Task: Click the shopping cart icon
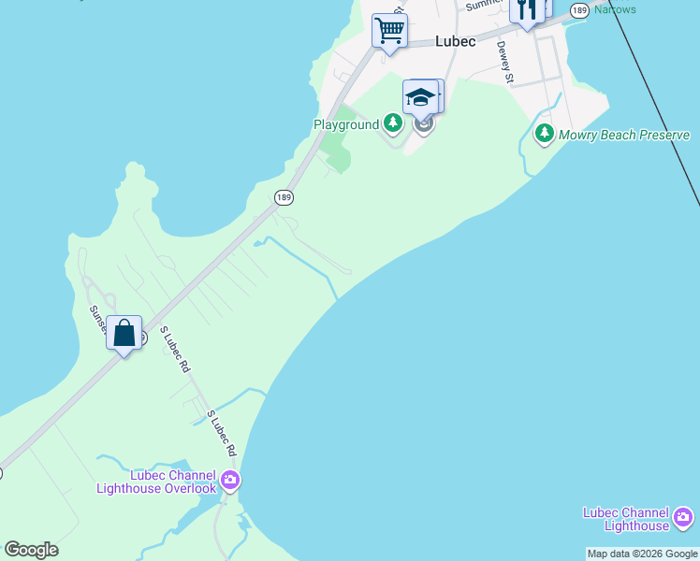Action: click(x=388, y=29)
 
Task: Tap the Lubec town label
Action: click(x=456, y=41)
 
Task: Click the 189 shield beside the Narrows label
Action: click(x=579, y=10)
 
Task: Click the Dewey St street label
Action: click(x=505, y=63)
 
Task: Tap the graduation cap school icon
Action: click(x=420, y=97)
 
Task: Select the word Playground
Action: click(x=345, y=124)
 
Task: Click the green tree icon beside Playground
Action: click(x=394, y=123)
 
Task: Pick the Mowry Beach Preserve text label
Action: click(x=624, y=135)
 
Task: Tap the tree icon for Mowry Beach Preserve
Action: click(x=544, y=135)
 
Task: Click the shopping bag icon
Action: click(x=124, y=333)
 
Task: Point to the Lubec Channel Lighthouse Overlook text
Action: click(x=156, y=482)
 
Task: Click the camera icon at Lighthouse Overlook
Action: click(x=230, y=482)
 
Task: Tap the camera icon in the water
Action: click(x=683, y=517)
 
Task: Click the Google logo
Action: click(x=31, y=550)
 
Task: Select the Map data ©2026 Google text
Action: click(x=643, y=554)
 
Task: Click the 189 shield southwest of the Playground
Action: click(x=284, y=196)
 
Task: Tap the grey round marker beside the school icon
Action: click(x=425, y=123)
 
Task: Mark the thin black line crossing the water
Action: click(x=655, y=103)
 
